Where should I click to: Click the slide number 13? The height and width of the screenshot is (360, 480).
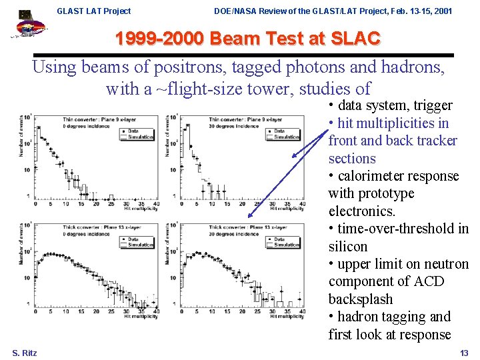(x=464, y=353)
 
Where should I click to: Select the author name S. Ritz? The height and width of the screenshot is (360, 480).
(x=25, y=353)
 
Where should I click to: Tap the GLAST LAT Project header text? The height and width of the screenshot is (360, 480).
(x=94, y=11)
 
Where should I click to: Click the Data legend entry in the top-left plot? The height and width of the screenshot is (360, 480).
(x=133, y=131)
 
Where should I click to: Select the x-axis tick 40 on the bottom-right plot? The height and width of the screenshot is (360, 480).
(x=303, y=311)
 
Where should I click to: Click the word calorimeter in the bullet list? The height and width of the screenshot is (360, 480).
(x=378, y=176)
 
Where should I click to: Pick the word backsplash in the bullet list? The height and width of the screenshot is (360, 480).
(x=361, y=299)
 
